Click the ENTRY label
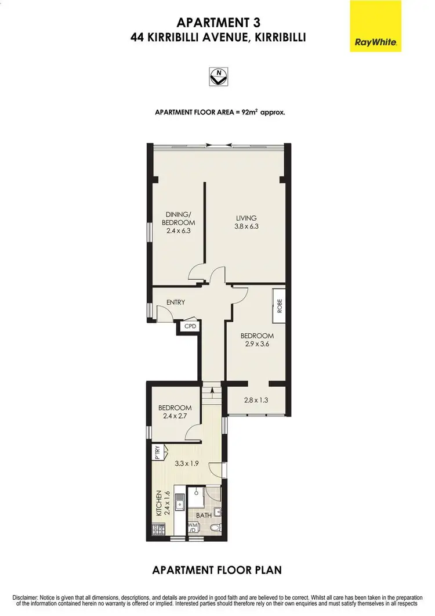pos(175,302)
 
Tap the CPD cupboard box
pos(190,326)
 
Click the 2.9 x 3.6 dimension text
pos(257,344)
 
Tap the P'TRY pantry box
pos(157,452)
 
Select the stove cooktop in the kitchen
pos(157,529)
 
